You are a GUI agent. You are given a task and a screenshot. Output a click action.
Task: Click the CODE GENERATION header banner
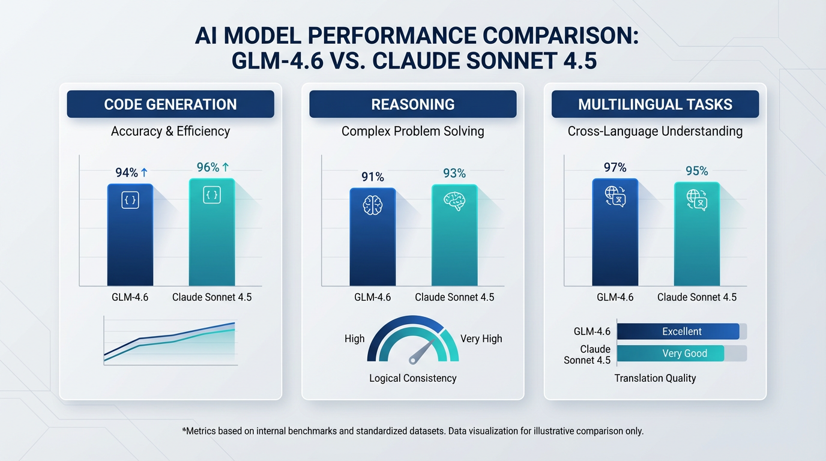[x=170, y=104]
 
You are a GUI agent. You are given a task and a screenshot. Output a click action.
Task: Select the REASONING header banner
[x=413, y=104]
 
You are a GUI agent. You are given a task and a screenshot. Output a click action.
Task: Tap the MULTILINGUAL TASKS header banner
[x=655, y=104]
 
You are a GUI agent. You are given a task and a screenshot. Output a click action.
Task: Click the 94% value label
[x=127, y=173]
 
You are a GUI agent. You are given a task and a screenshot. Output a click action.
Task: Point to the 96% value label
[x=208, y=167]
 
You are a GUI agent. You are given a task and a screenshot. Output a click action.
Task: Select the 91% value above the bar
[x=372, y=177]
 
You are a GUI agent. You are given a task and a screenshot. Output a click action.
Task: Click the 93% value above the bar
[x=454, y=173]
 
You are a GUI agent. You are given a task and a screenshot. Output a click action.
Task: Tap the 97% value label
[x=615, y=167]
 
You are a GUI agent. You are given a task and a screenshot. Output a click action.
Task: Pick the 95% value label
[x=696, y=171]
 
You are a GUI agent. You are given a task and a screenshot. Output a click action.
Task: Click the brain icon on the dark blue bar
[x=372, y=206]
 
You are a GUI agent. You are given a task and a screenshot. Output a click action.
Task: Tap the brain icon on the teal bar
[x=454, y=201]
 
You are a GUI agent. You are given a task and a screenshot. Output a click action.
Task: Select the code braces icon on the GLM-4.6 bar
[x=130, y=200]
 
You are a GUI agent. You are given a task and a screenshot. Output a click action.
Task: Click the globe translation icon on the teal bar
[x=697, y=200]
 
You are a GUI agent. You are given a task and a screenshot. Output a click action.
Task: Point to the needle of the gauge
[x=422, y=352]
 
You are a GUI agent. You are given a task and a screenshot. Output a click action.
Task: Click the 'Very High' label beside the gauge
[x=481, y=339]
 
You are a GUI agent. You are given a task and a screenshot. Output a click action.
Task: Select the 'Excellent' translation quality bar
[x=678, y=331]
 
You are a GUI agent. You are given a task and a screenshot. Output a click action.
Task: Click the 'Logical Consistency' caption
[x=413, y=378]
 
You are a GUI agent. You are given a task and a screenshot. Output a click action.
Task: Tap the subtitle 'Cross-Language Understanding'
[x=655, y=131]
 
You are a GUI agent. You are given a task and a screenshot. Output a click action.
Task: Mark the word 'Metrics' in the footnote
[x=203, y=431]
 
